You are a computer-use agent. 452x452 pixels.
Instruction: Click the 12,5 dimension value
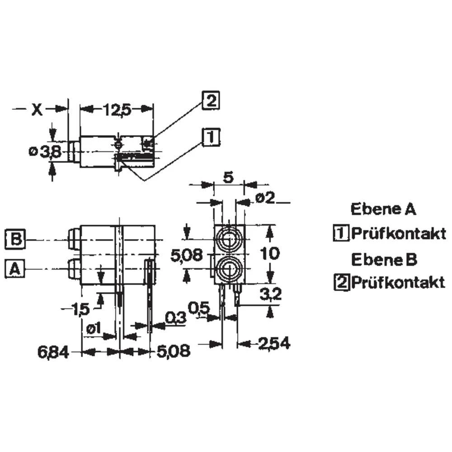point(117,109)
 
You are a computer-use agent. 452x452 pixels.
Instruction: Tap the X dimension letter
point(37,109)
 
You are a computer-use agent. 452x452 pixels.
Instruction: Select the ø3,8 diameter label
point(45,152)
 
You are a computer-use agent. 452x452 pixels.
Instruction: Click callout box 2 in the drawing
point(211,100)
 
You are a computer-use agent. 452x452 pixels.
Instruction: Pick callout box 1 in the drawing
point(211,137)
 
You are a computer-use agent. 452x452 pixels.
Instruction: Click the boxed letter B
point(15,239)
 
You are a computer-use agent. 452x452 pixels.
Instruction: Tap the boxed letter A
point(15,269)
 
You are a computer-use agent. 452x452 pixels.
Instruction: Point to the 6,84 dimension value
point(53,352)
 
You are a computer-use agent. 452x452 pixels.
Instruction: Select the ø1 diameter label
point(94,328)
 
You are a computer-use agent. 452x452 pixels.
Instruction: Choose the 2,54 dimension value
point(274,344)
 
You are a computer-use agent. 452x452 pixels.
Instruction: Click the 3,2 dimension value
point(270,294)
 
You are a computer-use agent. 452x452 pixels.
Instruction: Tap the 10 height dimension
point(270,254)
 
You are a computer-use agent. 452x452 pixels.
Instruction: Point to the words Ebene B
point(384,259)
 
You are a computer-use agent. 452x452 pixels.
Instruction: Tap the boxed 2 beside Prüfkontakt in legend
point(342,282)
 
